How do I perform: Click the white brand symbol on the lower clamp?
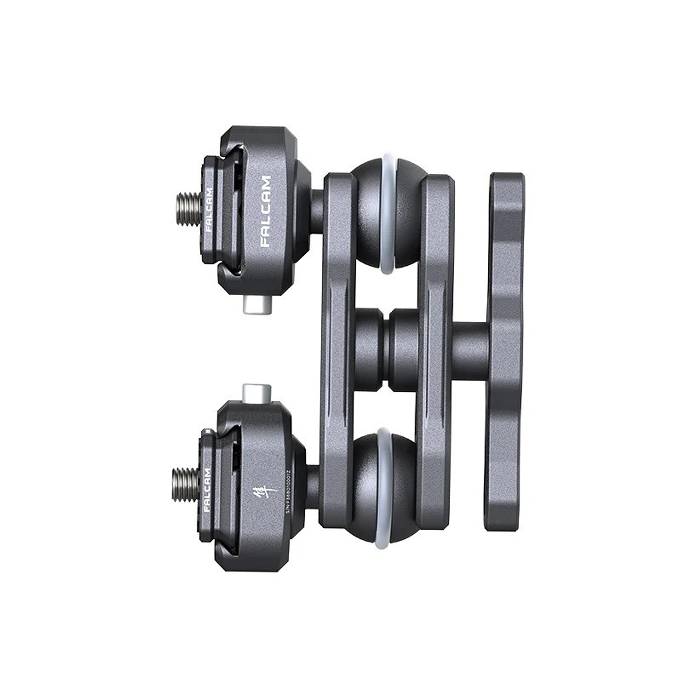coord(270,492)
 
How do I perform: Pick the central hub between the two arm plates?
coord(391,349)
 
